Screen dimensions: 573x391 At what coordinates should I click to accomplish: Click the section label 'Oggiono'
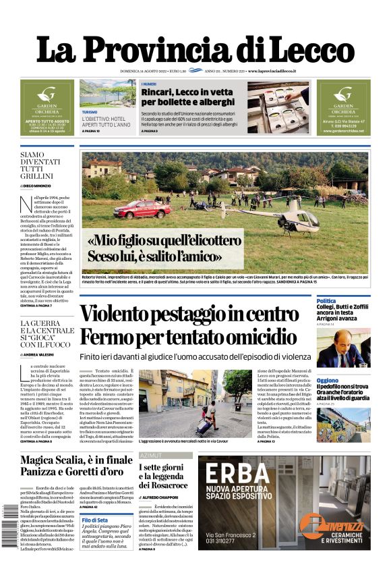point(328,380)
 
